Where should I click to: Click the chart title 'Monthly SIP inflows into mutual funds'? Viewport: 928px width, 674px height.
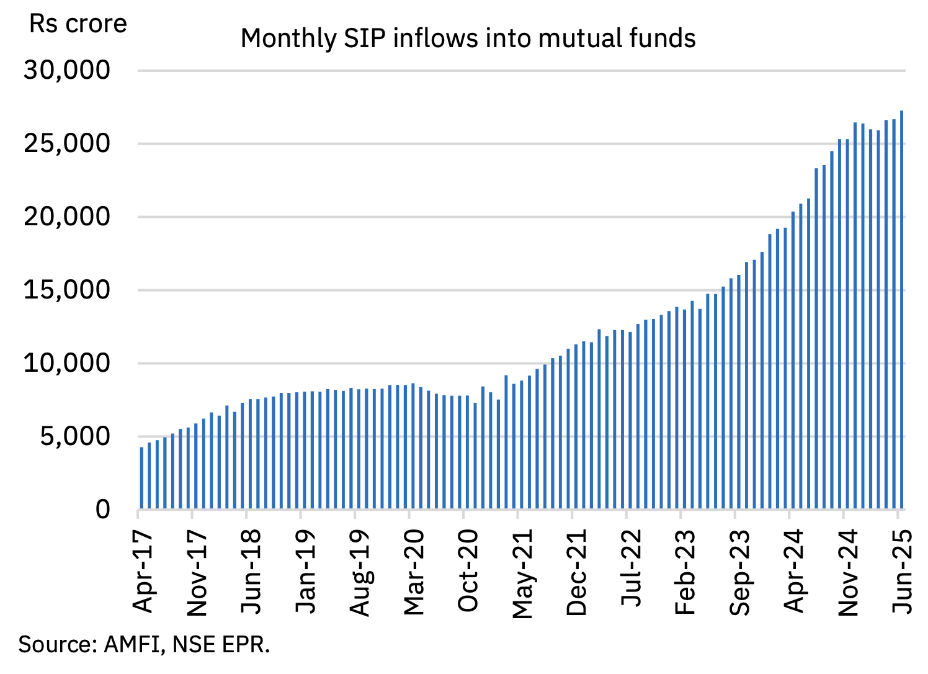[468, 38]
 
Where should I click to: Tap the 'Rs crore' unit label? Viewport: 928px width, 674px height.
[78, 24]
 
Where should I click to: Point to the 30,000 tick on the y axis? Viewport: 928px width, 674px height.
[67, 71]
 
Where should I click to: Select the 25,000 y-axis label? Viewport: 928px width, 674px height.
[67, 144]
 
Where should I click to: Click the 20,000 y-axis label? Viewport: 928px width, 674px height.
[67, 217]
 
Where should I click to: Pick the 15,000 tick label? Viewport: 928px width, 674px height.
[67, 290]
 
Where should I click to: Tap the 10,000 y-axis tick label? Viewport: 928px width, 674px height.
[67, 363]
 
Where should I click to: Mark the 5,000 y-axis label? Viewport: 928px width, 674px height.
[75, 436]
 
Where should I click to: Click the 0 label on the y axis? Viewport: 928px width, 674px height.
[103, 510]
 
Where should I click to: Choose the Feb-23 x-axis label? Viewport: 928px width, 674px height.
[685, 572]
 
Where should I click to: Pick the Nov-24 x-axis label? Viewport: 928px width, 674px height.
[848, 572]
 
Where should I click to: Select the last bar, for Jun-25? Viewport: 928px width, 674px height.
[901, 310]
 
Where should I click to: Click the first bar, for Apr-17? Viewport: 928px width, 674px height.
[141, 478]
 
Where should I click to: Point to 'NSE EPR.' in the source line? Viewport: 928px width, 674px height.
[221, 645]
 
